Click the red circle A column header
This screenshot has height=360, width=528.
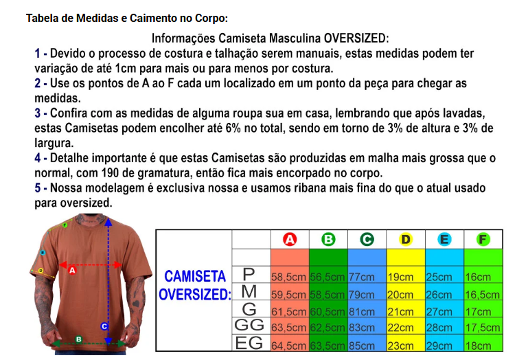290,239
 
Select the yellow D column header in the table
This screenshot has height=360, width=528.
406,239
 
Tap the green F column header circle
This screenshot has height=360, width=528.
483,239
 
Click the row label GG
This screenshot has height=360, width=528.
249,325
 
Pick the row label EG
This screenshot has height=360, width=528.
249,343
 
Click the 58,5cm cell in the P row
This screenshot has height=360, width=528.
288,277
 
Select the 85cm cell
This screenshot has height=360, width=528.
362,346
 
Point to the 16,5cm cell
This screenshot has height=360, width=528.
482,295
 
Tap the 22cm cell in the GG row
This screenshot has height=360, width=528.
400,328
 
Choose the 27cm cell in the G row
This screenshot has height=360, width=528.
439,312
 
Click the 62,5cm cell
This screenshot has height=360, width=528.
328,328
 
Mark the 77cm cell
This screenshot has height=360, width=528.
362,277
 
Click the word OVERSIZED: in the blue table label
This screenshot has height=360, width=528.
194,295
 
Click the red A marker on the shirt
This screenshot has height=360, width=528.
72,270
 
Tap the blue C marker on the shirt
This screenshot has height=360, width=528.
104,326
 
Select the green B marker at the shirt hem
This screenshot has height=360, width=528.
78,339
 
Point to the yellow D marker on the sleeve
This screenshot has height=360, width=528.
41,270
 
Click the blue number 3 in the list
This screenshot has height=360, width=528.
37,113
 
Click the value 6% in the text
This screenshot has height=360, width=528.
233,128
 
